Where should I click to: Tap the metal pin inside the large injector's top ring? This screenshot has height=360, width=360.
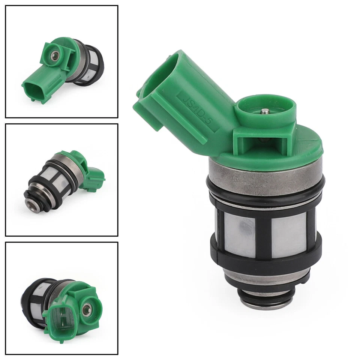pyautogui.click(x=265, y=111)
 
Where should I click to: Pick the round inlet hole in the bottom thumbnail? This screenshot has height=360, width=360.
pyautogui.click(x=87, y=309)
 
